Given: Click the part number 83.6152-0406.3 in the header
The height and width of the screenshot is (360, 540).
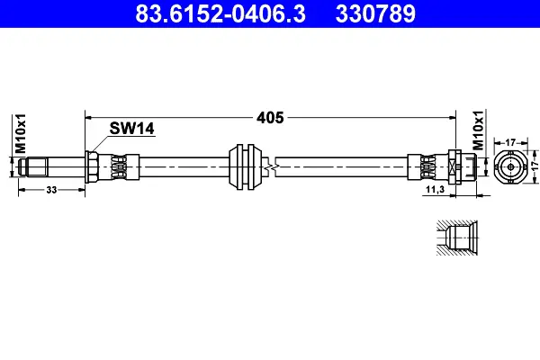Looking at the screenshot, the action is pyautogui.click(x=220, y=13).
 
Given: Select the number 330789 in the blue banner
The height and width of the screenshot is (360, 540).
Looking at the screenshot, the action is pyautogui.click(x=375, y=13).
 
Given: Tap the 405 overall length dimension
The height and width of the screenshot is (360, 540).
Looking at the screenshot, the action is pyautogui.click(x=270, y=118).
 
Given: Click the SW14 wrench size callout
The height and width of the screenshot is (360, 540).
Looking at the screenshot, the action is pyautogui.click(x=132, y=129).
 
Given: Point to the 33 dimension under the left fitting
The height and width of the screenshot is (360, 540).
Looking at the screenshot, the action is pyautogui.click(x=51, y=190).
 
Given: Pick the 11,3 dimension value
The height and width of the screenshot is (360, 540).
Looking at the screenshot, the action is pyautogui.click(x=435, y=189).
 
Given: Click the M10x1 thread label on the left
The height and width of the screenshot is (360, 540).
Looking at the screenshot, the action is pyautogui.click(x=21, y=133).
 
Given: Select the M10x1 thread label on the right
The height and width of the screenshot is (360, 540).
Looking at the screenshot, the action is pyautogui.click(x=478, y=130).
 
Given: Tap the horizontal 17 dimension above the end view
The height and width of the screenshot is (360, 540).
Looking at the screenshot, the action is pyautogui.click(x=510, y=142).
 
